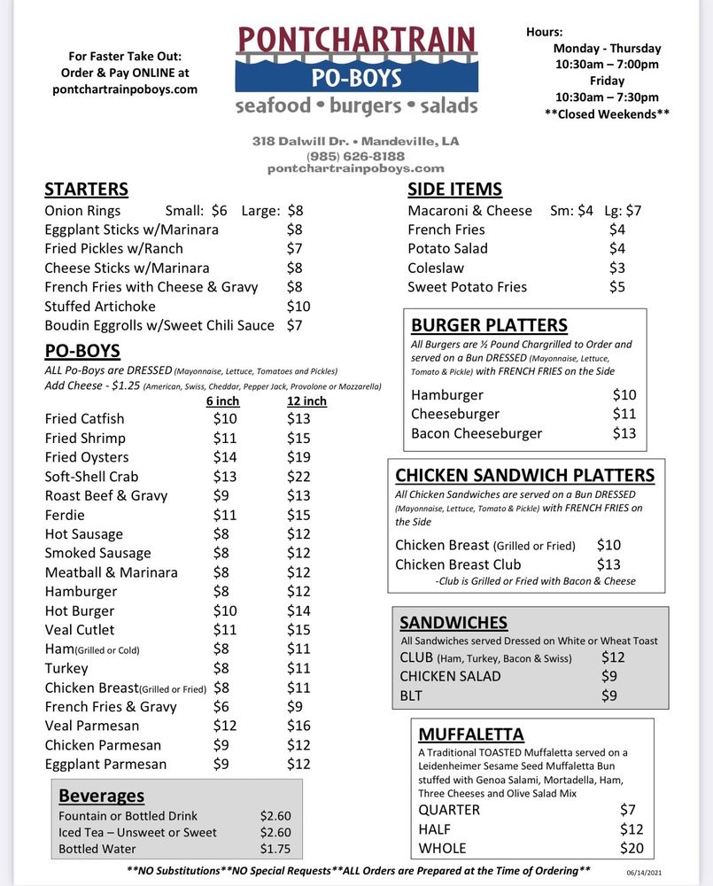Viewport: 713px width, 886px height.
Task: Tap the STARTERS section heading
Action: click(86, 189)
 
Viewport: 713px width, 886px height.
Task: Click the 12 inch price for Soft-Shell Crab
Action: click(298, 477)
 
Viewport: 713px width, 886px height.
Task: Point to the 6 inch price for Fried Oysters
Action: click(225, 457)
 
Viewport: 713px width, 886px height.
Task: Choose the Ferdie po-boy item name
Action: click(65, 515)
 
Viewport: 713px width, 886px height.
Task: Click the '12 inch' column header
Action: click(306, 400)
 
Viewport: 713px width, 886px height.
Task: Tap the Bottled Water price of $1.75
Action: click(275, 849)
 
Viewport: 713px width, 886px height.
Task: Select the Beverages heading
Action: click(101, 796)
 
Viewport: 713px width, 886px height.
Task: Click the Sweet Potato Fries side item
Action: click(467, 287)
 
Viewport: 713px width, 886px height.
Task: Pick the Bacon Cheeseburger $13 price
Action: click(624, 433)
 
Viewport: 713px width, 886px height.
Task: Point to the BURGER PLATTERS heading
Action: click(489, 325)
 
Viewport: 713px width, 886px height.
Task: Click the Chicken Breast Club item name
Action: click(458, 564)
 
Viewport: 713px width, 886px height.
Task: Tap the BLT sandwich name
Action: click(411, 696)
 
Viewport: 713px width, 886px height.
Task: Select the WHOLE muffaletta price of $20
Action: click(632, 848)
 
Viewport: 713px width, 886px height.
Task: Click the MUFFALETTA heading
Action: click(470, 734)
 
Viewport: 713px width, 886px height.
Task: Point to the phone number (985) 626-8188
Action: click(355, 155)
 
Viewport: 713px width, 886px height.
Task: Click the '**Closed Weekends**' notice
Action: click(607, 113)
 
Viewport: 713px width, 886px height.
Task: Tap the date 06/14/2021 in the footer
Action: click(643, 873)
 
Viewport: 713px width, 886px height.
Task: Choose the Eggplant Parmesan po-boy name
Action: click(105, 764)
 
